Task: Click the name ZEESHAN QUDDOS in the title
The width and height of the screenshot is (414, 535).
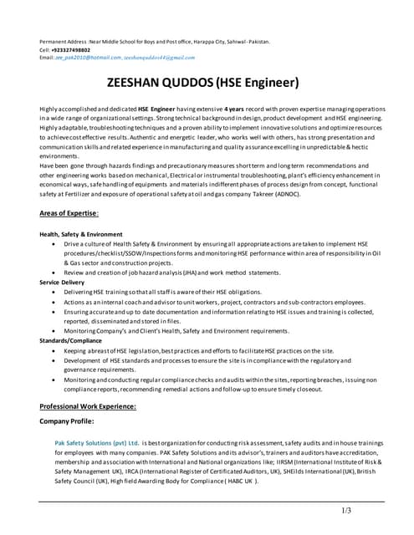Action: (159, 83)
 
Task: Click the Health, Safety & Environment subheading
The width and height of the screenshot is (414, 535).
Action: (81, 234)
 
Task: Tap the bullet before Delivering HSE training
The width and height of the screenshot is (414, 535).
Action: (54, 293)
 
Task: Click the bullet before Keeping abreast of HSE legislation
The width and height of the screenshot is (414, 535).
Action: (54, 351)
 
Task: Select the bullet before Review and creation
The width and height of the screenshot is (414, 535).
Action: (54, 273)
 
